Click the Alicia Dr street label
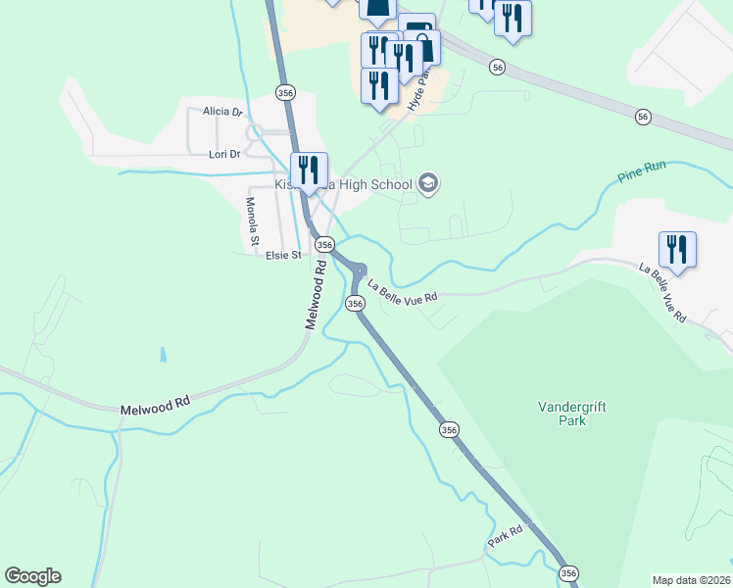pyautogui.click(x=222, y=112)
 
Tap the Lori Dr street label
pyautogui.click(x=224, y=154)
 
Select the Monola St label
pyautogui.click(x=252, y=220)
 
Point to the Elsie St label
pyautogui.click(x=283, y=256)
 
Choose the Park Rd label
pyautogui.click(x=508, y=537)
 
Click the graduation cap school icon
pyautogui.click(x=428, y=183)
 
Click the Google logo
pyautogui.click(x=32, y=576)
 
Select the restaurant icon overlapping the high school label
pyautogui.click(x=309, y=171)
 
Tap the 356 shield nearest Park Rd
pyautogui.click(x=567, y=572)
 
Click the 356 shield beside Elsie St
pyautogui.click(x=325, y=244)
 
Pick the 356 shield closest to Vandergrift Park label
pyautogui.click(x=449, y=429)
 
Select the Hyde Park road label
pyautogui.click(x=419, y=92)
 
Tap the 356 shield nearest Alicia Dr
pyautogui.click(x=285, y=92)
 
